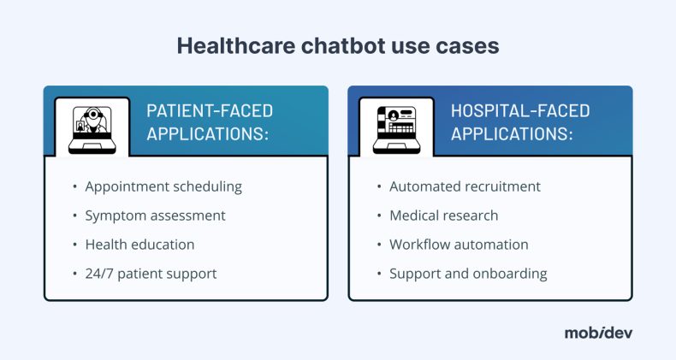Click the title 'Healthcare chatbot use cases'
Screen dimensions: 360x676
click(x=337, y=46)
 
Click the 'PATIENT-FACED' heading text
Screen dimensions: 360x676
click(x=210, y=111)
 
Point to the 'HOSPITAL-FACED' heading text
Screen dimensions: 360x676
click(x=520, y=111)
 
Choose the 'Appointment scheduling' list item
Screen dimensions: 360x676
click(x=163, y=186)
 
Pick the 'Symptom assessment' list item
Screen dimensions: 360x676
click(x=155, y=215)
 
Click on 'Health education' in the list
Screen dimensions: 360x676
click(x=139, y=245)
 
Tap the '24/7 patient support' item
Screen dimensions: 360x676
click(x=151, y=274)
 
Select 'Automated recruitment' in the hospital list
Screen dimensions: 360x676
click(x=465, y=186)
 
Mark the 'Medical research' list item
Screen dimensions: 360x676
click(x=443, y=215)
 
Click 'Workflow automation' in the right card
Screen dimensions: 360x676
click(x=459, y=245)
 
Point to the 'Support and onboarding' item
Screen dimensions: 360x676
click(x=468, y=274)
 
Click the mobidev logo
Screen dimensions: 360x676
click(x=598, y=333)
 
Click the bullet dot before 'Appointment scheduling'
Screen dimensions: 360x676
click(x=74, y=187)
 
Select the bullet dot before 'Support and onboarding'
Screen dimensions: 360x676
click(x=379, y=274)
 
